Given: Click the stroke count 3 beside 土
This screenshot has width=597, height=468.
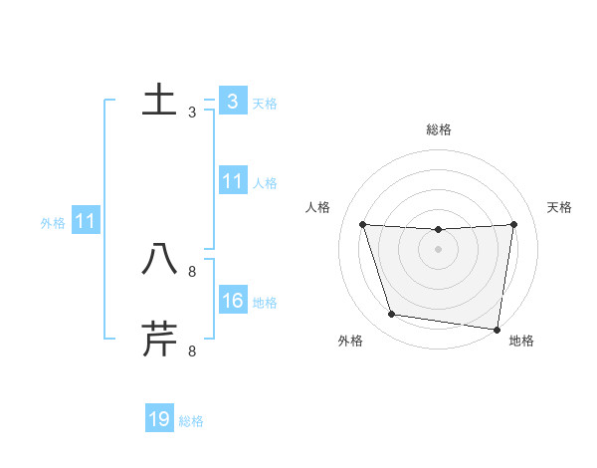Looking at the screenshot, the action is (x=191, y=113).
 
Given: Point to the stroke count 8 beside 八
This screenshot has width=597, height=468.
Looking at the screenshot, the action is (x=191, y=271).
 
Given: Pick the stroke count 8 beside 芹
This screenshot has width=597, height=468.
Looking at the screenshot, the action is (x=191, y=351).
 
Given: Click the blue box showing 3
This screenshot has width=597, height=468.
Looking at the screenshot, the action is (x=232, y=101).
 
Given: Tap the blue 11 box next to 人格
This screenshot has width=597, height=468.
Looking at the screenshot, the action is (x=232, y=181).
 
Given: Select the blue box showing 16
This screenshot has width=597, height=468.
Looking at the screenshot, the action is (x=232, y=301).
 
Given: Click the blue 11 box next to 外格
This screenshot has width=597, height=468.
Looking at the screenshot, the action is (x=85, y=221).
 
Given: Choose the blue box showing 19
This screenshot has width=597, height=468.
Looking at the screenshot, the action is (x=159, y=419).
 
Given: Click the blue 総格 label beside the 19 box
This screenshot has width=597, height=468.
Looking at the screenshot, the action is (x=191, y=421).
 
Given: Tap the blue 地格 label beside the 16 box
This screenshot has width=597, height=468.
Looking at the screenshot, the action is (x=265, y=303).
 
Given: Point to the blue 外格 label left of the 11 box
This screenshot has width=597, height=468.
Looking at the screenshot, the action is (x=53, y=223).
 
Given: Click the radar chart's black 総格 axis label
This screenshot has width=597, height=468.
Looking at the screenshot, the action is (x=439, y=129).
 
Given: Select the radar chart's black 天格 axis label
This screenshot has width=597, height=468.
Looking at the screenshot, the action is (x=559, y=207).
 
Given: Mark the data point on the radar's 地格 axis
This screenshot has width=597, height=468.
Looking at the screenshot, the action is (x=497, y=329).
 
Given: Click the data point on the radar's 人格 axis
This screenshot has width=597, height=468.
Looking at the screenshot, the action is (x=362, y=224).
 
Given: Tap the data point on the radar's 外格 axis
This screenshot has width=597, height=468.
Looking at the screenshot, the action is (x=392, y=315).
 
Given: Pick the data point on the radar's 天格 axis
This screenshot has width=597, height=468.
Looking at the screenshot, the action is (x=513, y=224).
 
